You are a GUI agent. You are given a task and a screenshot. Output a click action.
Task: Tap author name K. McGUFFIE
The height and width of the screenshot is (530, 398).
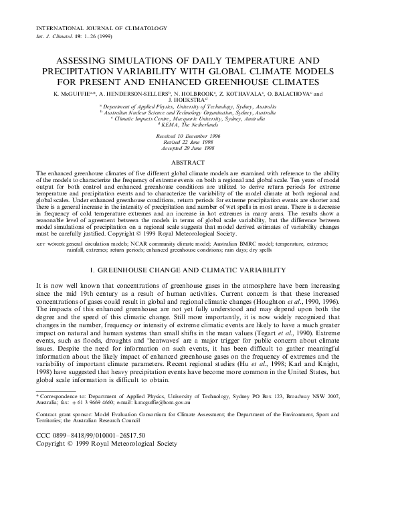tap(72, 94)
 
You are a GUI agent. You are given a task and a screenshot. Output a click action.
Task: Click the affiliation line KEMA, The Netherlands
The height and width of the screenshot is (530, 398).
tap(200, 124)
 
